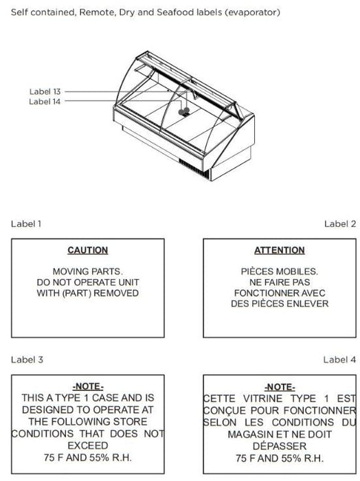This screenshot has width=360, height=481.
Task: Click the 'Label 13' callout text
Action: coord(45,91)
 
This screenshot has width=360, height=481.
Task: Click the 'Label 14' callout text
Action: coord(45,102)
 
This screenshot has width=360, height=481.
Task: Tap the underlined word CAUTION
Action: coord(88,250)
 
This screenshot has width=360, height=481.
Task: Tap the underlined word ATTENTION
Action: coord(280,250)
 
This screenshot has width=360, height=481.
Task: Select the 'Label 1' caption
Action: coord(26,223)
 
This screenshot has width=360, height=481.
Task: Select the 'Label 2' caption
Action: coord(340,223)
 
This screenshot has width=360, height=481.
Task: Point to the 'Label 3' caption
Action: coord(27,359)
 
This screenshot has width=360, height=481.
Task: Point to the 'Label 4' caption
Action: coord(340,359)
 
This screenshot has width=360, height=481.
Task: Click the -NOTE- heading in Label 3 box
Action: coord(88,386)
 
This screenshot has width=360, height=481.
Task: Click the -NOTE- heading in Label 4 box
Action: coord(280,386)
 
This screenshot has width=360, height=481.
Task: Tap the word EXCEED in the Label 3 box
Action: coord(88,445)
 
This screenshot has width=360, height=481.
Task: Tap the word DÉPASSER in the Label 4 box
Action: coord(280,446)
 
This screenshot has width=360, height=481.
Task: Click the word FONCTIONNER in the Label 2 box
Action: coord(266,293)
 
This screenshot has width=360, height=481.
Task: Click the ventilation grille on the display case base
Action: coord(194,169)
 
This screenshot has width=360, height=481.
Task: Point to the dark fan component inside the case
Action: coord(184,111)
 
